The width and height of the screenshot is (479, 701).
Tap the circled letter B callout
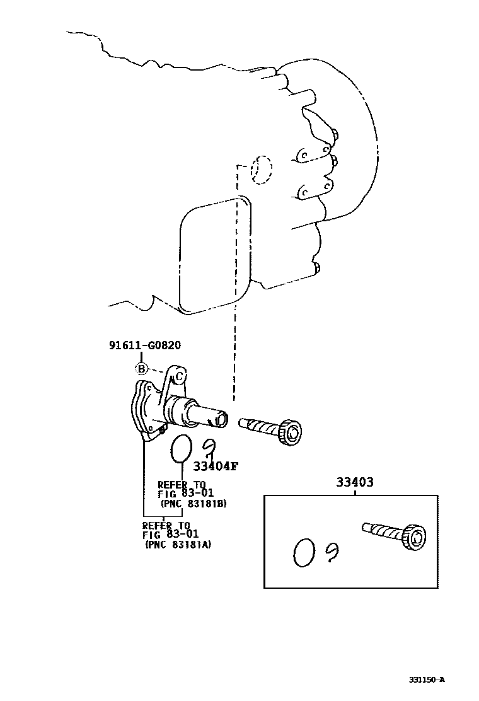click(x=142, y=369)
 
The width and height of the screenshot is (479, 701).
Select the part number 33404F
click(x=216, y=466)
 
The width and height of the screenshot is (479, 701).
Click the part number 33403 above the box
click(x=354, y=482)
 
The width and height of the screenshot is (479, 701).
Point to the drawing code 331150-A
click(x=427, y=680)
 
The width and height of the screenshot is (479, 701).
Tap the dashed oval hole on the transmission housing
click(x=260, y=169)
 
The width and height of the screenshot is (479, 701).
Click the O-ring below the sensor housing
click(x=182, y=448)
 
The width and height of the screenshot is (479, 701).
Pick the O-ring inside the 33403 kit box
click(x=304, y=552)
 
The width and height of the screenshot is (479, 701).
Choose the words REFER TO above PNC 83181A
click(x=166, y=524)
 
